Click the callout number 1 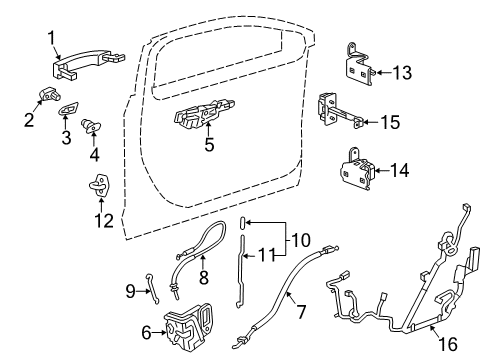point(50,38)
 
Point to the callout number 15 point(390,123)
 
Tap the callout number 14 point(399,170)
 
